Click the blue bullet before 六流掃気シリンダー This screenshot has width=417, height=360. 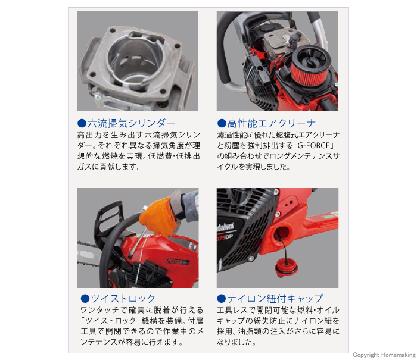(82, 124)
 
